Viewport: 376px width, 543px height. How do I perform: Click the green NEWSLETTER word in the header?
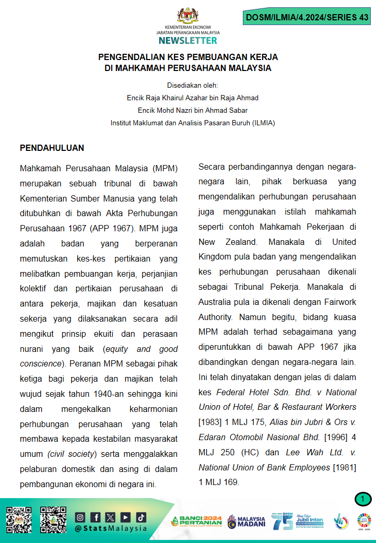[188, 40]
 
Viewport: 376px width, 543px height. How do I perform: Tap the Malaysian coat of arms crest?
[187, 15]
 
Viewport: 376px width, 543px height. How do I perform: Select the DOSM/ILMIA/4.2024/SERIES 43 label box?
[307, 17]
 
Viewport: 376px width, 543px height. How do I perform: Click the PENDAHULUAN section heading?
[52, 148]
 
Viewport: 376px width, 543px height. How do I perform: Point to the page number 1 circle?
[362, 500]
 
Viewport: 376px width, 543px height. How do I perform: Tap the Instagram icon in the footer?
[80, 517]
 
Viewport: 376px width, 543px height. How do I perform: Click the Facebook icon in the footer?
[96, 517]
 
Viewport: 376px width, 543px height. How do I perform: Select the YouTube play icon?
[126, 517]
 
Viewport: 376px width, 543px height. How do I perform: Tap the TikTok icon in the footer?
[141, 517]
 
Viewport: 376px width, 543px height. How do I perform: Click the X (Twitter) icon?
[111, 517]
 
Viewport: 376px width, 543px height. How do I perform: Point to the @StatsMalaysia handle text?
[111, 528]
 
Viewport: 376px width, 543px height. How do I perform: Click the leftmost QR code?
[19, 520]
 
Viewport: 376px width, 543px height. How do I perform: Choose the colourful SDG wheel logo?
[364, 521]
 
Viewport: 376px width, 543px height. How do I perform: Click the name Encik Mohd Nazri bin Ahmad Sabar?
[193, 110]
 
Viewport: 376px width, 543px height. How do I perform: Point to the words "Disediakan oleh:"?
[193, 85]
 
